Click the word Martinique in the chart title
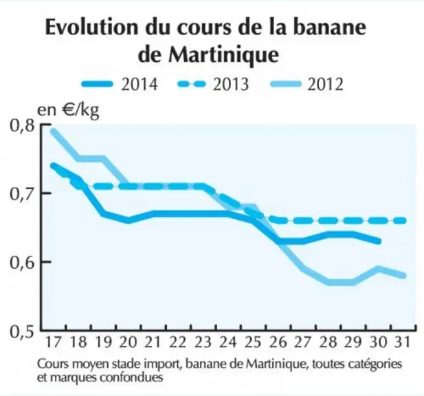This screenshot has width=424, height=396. [223, 55]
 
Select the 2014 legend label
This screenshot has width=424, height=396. [140, 84]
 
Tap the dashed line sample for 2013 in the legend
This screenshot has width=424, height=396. [192, 84]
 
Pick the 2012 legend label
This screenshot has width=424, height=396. [325, 84]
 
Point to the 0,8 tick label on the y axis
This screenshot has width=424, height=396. [22, 126]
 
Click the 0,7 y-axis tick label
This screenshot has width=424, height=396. [22, 194]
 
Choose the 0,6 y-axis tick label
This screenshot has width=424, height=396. [22, 263]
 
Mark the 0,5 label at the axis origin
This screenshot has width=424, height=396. [22, 331]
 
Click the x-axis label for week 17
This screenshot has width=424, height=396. [54, 342]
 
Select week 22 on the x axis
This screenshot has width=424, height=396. [178, 342]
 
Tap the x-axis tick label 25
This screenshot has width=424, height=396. [253, 342]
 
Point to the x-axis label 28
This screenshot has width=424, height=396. [328, 342]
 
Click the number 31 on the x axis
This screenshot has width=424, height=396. [403, 342]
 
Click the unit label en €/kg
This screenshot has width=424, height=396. [68, 111]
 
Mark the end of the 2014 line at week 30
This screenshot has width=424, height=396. [379, 241]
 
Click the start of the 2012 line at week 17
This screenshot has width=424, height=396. [53, 131]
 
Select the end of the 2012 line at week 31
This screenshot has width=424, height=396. [403, 276]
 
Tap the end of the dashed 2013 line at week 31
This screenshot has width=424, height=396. [403, 221]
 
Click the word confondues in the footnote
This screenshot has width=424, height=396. [131, 377]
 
